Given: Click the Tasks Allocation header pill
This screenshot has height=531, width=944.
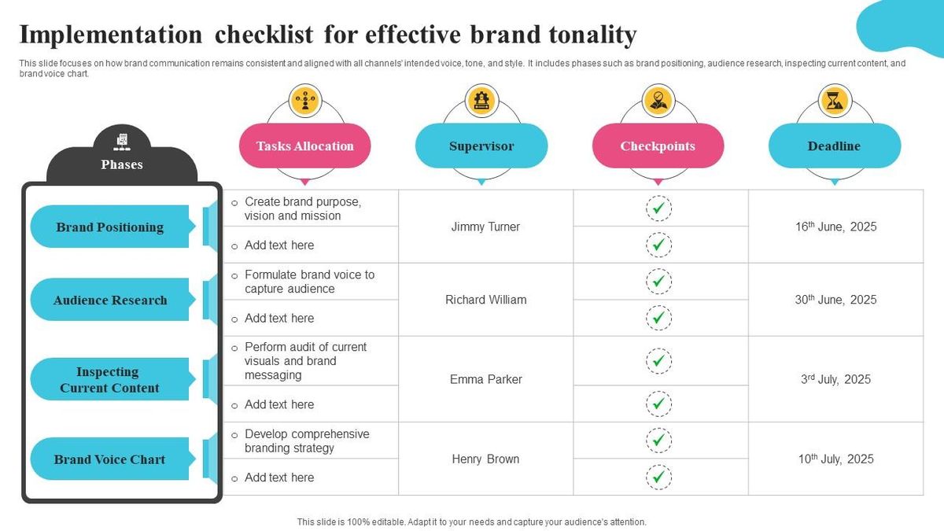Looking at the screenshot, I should [304, 146].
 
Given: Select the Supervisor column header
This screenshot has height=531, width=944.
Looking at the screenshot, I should [481, 146].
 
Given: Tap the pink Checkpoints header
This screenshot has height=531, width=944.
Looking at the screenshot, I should [658, 146].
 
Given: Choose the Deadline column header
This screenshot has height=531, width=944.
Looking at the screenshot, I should [834, 146].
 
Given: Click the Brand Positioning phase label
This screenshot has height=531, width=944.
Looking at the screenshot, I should [110, 227].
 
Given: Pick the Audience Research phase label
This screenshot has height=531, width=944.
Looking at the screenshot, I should [110, 300].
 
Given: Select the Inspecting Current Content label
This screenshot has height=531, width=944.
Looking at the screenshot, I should [110, 380].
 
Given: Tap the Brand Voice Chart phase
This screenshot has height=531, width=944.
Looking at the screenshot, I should [110, 459].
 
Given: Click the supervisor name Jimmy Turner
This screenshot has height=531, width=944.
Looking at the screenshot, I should [485, 227].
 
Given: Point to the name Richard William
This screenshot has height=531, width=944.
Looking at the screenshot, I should [485, 300].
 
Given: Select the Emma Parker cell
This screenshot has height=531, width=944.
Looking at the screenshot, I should [485, 379].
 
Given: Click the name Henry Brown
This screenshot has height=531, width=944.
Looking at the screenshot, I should [485, 459].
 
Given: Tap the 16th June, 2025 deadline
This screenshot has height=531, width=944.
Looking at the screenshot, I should [835, 227].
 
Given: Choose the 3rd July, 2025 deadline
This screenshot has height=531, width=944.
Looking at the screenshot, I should [835, 379].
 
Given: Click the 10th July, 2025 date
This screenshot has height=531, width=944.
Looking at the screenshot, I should [835, 459].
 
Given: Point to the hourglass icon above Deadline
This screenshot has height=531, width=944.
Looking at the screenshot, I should [834, 100].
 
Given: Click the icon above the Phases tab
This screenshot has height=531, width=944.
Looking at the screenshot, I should [122, 142].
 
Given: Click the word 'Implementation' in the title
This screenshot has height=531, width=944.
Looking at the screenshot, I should [110, 35].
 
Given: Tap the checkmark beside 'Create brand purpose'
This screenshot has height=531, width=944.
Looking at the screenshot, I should [658, 208].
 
